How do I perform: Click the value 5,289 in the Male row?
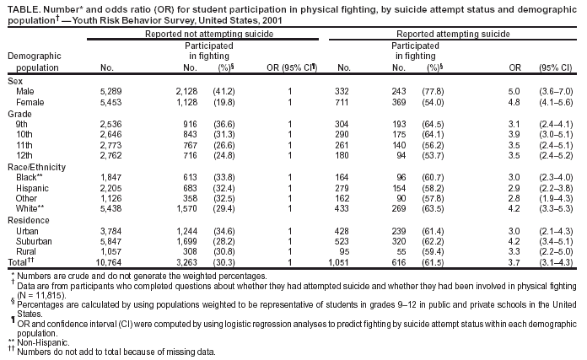coord(111,90)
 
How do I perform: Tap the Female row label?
coord(30,101)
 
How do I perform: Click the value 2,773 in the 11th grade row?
coord(111,144)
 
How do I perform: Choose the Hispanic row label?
coord(32,187)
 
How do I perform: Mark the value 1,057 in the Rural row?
coord(111,251)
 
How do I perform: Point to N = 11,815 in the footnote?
coord(40,295)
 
